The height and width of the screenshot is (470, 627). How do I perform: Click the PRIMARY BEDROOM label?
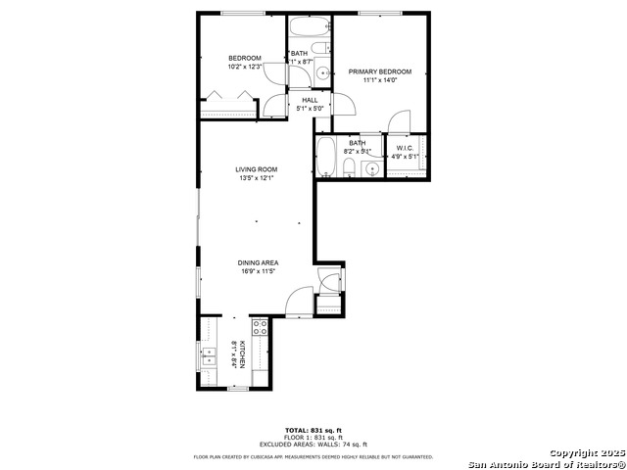pyautogui.click(x=380, y=71)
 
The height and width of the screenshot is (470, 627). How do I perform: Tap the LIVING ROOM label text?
pyautogui.click(x=257, y=169)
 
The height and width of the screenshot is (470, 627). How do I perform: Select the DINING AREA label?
pyautogui.click(x=257, y=262)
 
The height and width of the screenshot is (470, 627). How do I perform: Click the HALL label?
pyautogui.click(x=310, y=100)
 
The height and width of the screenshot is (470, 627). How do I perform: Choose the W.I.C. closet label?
pyautogui.click(x=405, y=149)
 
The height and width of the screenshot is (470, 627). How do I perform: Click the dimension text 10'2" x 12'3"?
pyautogui.click(x=244, y=67)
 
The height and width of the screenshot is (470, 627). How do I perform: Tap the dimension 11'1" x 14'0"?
pyautogui.click(x=380, y=80)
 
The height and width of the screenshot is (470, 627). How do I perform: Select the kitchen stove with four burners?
pyautogui.click(x=261, y=329)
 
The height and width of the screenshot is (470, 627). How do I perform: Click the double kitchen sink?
pyautogui.click(x=209, y=359)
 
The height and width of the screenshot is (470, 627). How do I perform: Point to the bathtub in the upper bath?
pyautogui.click(x=310, y=26)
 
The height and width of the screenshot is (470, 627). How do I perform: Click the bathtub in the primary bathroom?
pyautogui.click(x=326, y=158)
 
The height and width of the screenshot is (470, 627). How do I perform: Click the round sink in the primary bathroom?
pyautogui.click(x=370, y=169)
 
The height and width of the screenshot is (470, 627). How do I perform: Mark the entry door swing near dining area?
pyautogui.click(x=300, y=302)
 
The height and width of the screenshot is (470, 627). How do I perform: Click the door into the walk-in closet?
pyautogui.click(x=399, y=121)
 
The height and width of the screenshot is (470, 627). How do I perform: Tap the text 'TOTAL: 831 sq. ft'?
pyautogui.click(x=313, y=431)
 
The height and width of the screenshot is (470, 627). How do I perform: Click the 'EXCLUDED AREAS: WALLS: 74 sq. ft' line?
pyautogui.click(x=313, y=445)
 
